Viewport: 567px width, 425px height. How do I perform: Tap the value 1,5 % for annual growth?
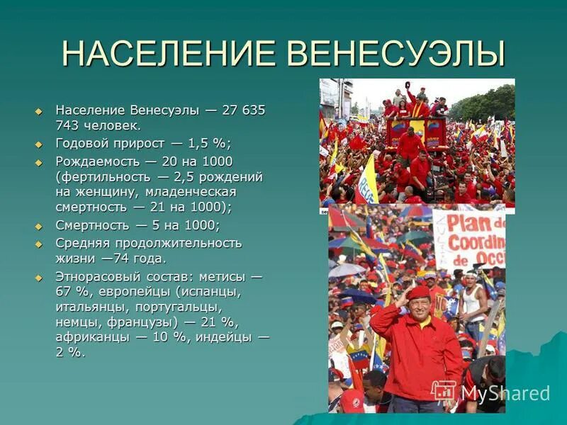pos(210,143)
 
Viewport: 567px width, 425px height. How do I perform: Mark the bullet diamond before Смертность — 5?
pos(40,226)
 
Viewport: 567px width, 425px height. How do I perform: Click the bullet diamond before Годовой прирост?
pos(40,144)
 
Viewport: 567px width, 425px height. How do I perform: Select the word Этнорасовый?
pos(97,276)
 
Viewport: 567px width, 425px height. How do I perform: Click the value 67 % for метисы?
pos(69,291)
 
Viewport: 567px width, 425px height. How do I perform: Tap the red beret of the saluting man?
pos(417,292)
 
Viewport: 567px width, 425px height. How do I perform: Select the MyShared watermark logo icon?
pos(444,392)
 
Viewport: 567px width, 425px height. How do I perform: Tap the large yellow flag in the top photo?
pos(367,181)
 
